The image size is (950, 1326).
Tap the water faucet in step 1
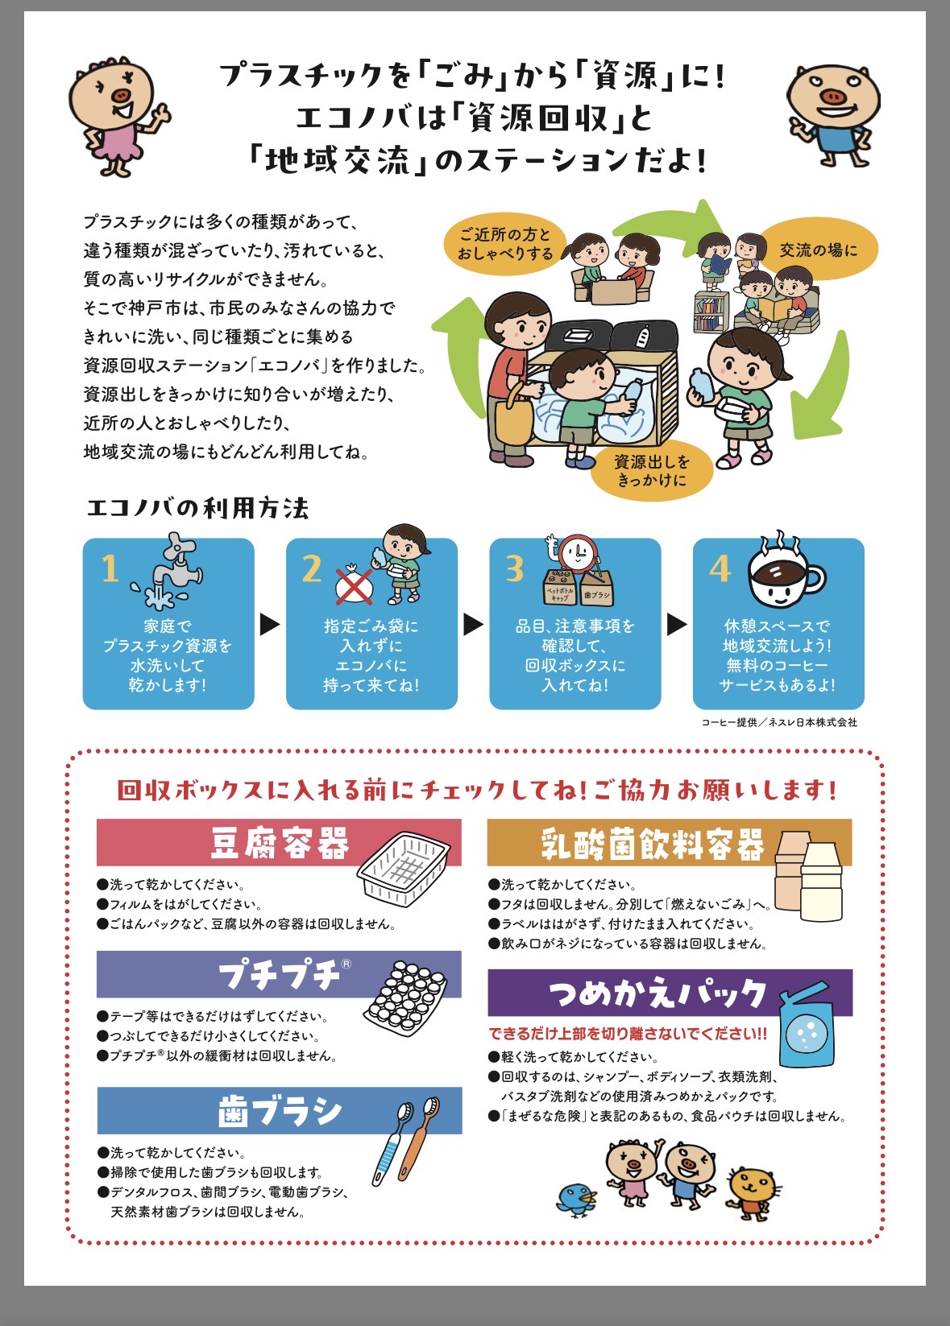pyautogui.click(x=169, y=572)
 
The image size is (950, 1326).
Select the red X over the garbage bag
pyautogui.click(x=354, y=587)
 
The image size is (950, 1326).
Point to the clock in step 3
pyautogui.click(x=577, y=553)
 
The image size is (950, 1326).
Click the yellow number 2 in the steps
pyautogui.click(x=312, y=568)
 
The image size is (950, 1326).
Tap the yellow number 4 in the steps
pyautogui.click(x=720, y=569)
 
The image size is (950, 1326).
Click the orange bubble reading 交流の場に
pyautogui.click(x=818, y=250)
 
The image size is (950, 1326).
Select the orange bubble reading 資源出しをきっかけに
pyautogui.click(x=652, y=471)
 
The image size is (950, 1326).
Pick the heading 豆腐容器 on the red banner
pyautogui.click(x=280, y=843)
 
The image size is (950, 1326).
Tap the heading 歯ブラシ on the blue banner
pyautogui.click(x=280, y=1111)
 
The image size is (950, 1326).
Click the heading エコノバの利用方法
pyautogui.click(x=198, y=508)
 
